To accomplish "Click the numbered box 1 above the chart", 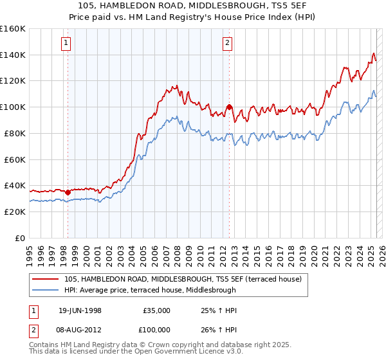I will [67, 44].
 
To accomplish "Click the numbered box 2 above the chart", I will [228, 44].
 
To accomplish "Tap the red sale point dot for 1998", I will [68, 192].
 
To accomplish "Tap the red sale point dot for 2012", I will [229, 107].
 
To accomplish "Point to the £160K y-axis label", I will [13, 29].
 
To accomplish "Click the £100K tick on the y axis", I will [13, 107].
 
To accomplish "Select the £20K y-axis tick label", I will [15, 212].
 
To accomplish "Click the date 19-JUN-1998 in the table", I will [80, 310].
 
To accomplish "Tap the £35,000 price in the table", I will [156, 310].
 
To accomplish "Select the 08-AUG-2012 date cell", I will [80, 329].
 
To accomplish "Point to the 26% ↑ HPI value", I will [219, 329].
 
